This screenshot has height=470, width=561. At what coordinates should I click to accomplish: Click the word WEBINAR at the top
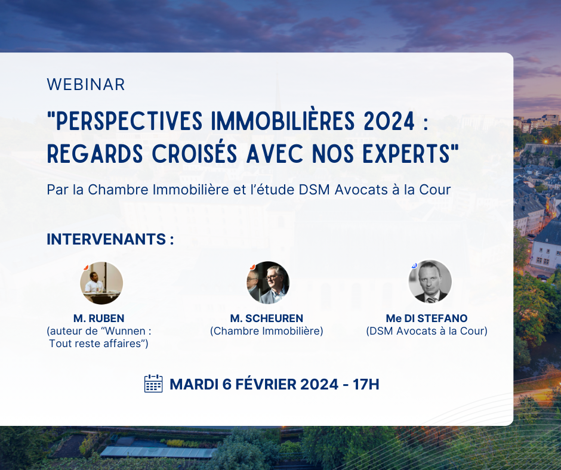point(86,85)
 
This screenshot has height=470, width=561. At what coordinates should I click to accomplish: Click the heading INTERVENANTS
point(110,239)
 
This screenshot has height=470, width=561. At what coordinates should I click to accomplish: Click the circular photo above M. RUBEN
point(101,283)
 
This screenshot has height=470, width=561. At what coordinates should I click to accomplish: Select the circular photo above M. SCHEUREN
point(268,283)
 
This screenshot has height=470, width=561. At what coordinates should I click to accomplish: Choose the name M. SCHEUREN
point(266,319)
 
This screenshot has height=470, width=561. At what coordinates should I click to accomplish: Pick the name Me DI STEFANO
point(427,319)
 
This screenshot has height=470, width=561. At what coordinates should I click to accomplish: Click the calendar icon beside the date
point(153,384)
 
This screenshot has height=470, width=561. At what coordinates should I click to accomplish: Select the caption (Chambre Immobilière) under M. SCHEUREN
point(266,331)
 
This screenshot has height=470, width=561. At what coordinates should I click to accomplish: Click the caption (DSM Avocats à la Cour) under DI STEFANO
point(427,331)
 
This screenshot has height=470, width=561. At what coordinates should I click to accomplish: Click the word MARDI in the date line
point(192,384)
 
